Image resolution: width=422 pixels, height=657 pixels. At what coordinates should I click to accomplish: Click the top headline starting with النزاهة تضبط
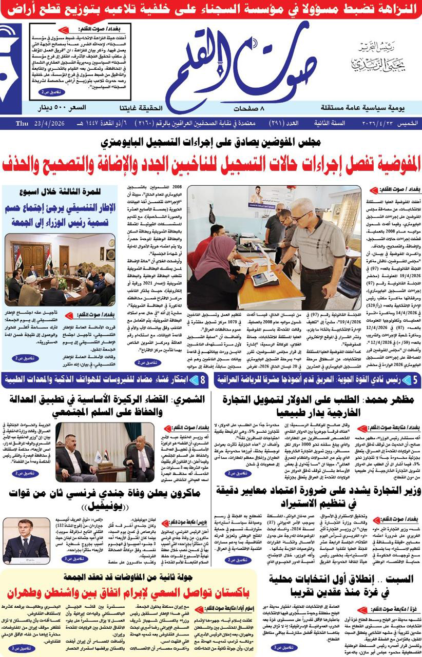[x=210, y=9]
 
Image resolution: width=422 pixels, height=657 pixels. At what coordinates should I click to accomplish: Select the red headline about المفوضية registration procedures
[x=210, y=164]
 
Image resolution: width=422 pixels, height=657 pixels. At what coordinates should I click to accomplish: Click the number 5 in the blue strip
[x=415, y=380]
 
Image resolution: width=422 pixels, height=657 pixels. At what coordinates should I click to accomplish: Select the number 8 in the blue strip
[x=203, y=380]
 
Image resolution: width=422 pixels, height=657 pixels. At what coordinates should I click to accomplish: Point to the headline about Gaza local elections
[x=341, y=586]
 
